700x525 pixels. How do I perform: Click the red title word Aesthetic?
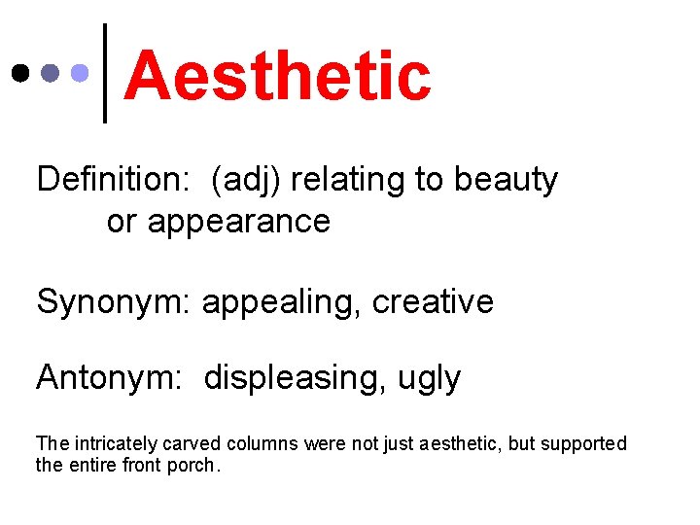point(277,77)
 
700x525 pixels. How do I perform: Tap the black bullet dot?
point(18,73)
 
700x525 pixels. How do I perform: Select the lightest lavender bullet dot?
point(81,73)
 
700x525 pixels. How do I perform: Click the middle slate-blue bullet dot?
point(50,73)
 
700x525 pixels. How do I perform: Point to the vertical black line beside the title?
point(105,73)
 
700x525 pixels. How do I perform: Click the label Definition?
point(115,180)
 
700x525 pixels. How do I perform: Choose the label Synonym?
point(115,301)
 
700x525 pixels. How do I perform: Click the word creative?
point(433,301)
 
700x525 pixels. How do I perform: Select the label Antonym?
point(109,377)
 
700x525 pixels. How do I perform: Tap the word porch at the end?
point(197,465)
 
